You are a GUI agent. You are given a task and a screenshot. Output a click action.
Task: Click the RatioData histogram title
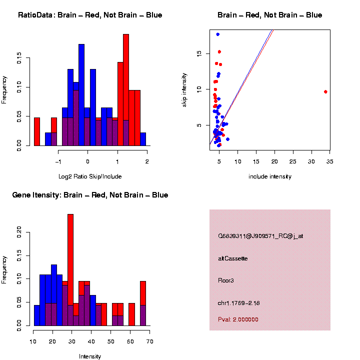click(x=90, y=15)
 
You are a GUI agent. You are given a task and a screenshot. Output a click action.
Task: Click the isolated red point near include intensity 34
click(x=325, y=91)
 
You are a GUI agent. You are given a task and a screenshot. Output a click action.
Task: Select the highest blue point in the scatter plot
click(x=217, y=34)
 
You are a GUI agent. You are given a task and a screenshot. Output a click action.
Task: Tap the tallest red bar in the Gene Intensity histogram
click(x=70, y=270)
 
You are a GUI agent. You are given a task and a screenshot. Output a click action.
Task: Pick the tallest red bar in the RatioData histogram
click(x=126, y=90)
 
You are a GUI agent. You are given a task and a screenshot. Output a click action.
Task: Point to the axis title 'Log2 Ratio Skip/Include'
click(x=89, y=176)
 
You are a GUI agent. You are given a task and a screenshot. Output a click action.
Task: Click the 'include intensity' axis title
click(x=270, y=176)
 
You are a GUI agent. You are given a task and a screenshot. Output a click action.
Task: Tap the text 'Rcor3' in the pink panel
click(x=226, y=280)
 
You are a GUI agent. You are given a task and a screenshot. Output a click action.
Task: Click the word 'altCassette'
click(x=233, y=258)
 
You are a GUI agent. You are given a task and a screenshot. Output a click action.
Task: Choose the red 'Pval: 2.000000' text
click(x=238, y=319)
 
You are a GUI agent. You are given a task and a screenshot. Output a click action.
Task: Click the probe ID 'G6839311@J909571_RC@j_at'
click(x=260, y=236)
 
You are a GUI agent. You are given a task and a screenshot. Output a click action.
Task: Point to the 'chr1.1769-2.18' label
click(x=239, y=302)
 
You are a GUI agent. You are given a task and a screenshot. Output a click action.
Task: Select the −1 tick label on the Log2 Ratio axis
click(x=58, y=161)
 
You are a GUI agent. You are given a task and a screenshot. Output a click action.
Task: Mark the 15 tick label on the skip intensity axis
click(x=199, y=53)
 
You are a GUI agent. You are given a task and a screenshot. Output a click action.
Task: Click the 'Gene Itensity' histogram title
click(x=90, y=195)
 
